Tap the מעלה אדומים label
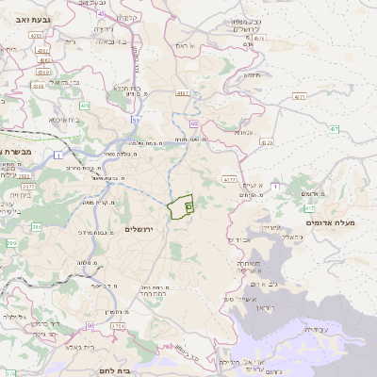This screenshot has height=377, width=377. pos(331,222)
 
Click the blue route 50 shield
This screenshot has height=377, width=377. pos(137,121)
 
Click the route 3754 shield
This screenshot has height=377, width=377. pos(117,325)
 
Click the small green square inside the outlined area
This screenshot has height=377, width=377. pos(188,204)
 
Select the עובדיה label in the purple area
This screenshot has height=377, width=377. pos(320,329)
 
